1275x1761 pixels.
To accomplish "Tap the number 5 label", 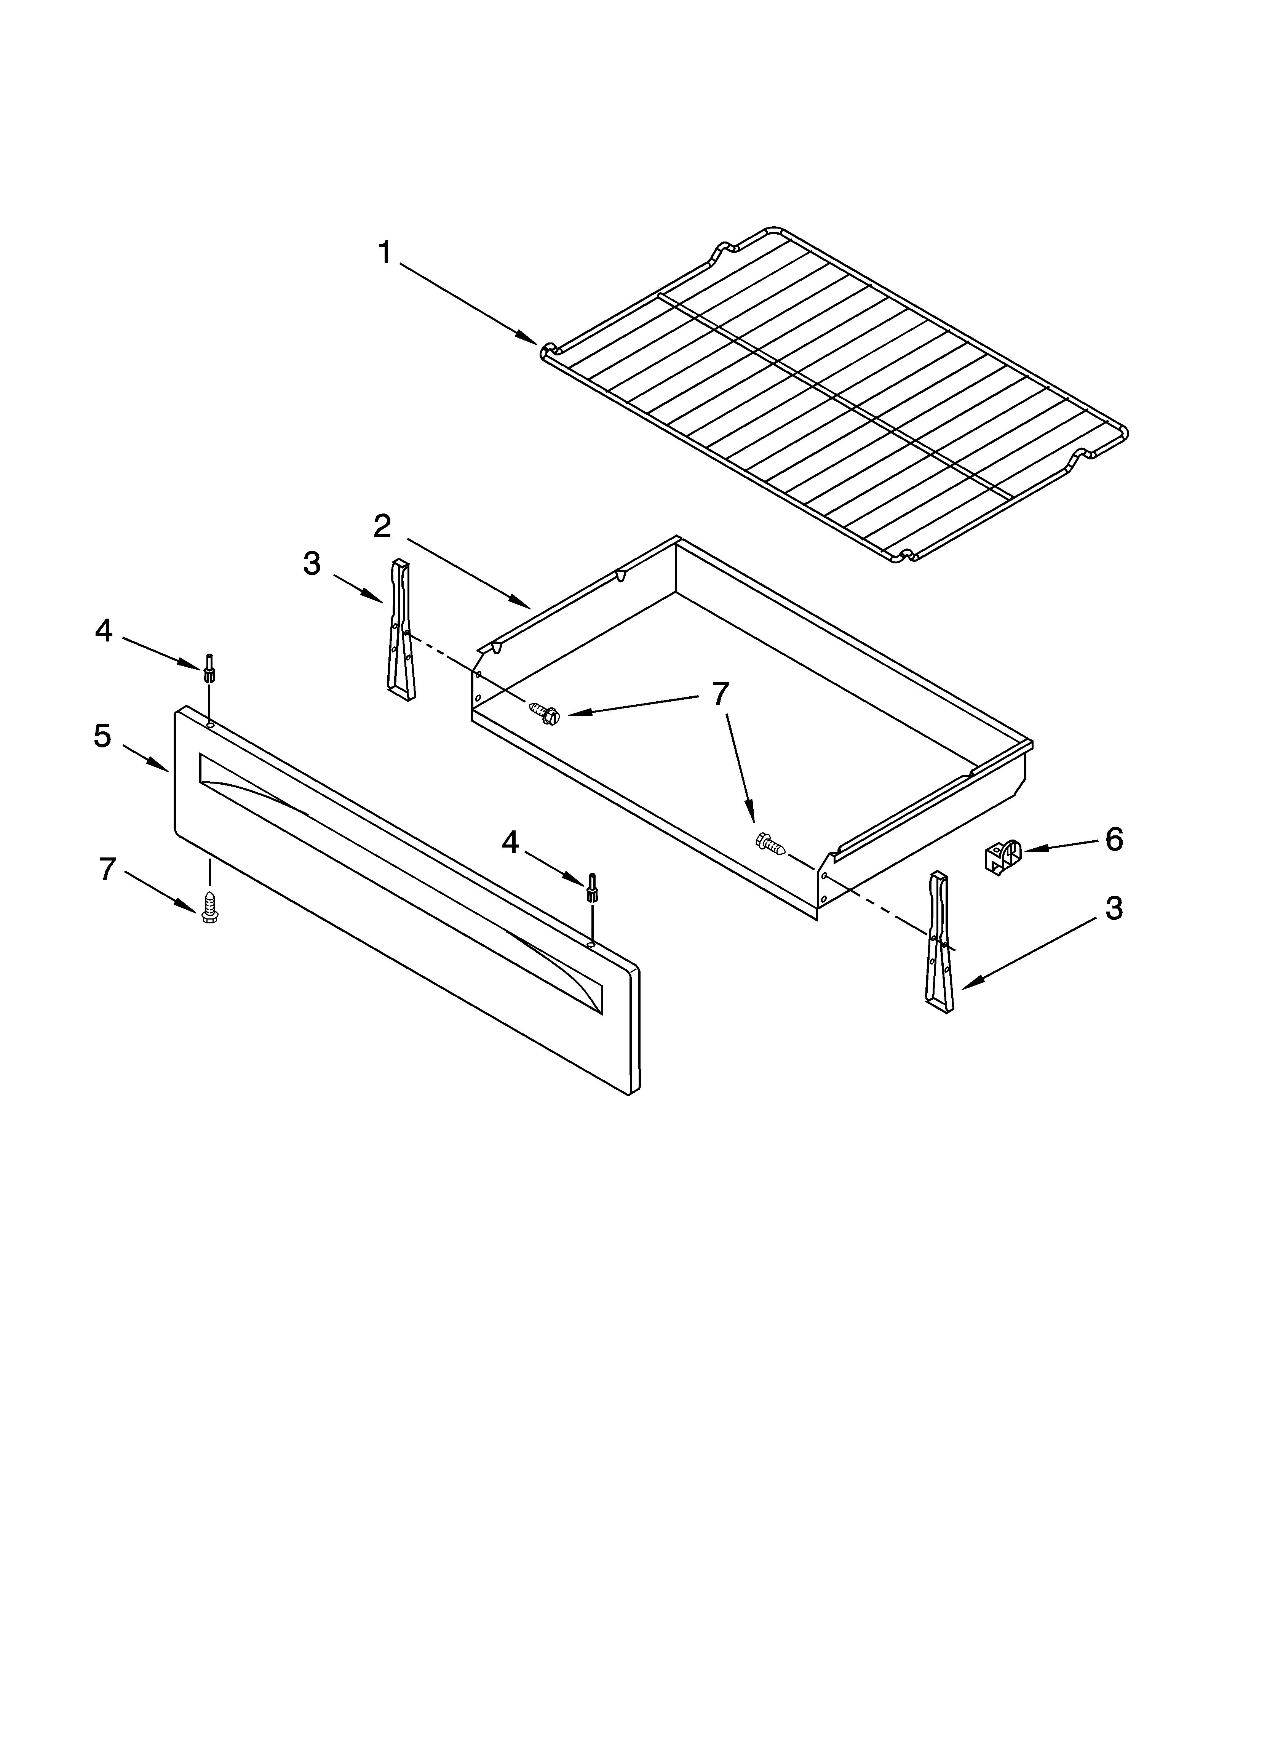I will (102, 735).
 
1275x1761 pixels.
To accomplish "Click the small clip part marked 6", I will (1002, 857).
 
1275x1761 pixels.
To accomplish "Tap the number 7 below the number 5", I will (107, 869).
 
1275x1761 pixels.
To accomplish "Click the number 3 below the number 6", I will (1114, 908).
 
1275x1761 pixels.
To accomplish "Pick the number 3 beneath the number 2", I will (312, 564).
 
